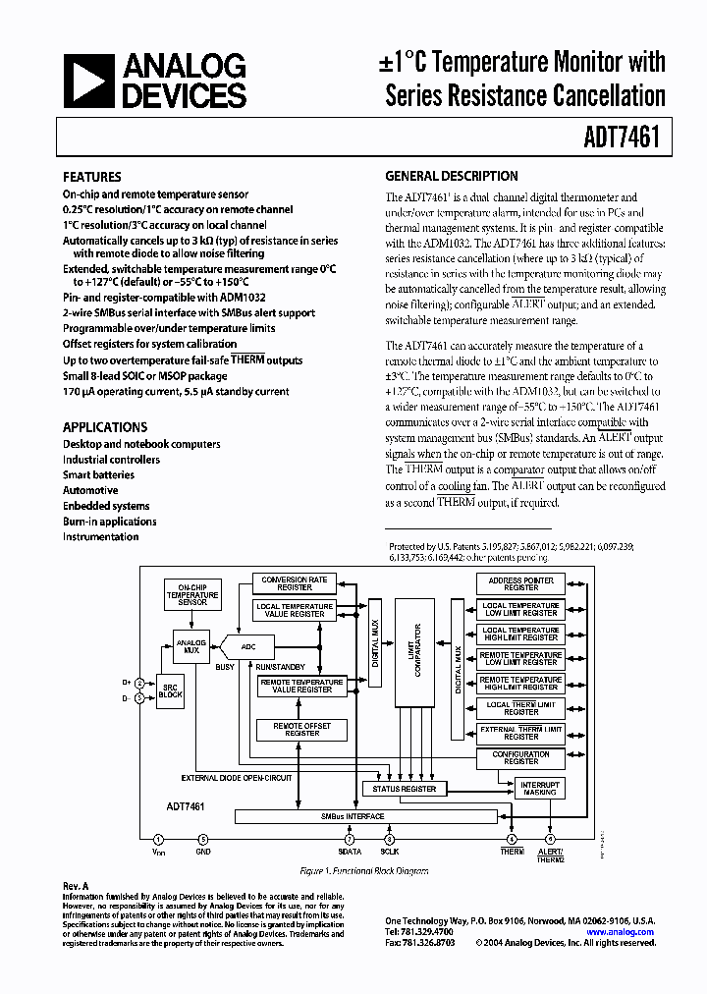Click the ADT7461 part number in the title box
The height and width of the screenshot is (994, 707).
[x=625, y=138]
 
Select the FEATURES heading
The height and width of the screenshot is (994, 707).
[x=92, y=177]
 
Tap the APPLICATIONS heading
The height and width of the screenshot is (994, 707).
[x=105, y=427]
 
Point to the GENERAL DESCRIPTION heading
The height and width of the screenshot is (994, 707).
[x=451, y=177]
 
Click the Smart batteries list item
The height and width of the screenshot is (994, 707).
[x=98, y=474]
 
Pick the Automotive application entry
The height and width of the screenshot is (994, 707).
[x=90, y=490]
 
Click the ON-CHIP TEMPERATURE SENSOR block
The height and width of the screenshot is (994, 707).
[x=192, y=596]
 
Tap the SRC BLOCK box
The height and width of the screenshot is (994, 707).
[x=171, y=689]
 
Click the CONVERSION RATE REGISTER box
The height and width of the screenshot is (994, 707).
[x=294, y=583]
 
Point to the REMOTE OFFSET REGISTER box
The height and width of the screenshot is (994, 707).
[x=301, y=729]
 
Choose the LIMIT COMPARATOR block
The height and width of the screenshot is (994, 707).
[x=413, y=650]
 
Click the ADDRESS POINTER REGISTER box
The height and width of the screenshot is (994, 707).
[x=520, y=584]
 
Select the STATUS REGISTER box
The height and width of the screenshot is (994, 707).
[x=405, y=789]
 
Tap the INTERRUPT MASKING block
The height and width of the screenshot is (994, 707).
[x=540, y=789]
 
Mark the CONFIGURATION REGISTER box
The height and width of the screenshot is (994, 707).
[x=520, y=758]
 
